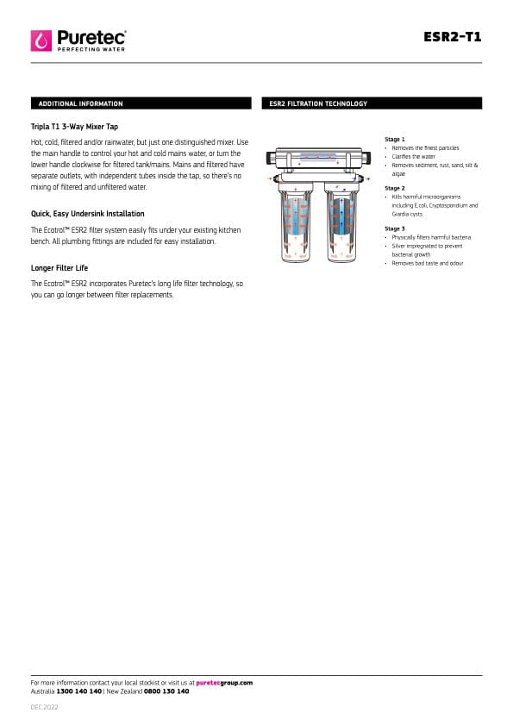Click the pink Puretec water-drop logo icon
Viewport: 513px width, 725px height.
41,41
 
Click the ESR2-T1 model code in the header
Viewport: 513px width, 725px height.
452,36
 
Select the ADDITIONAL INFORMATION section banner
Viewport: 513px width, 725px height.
141,103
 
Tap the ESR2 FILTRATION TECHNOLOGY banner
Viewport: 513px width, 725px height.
372,103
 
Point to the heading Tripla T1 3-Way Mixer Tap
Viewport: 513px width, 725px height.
74,127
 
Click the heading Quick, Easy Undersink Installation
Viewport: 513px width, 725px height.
87,214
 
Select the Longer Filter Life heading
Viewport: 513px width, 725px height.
59,268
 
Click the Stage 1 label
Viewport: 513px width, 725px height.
395,139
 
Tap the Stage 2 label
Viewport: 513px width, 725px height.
395,188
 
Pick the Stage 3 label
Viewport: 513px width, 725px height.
395,228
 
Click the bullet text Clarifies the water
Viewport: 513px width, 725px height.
414,157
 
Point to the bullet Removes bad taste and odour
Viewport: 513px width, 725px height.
428,264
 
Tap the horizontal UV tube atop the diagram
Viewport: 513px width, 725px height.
319,158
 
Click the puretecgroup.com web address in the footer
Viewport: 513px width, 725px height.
224,683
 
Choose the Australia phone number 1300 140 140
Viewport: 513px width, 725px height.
78,691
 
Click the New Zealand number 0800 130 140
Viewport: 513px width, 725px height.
166,691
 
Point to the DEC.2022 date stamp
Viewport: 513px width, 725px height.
45,708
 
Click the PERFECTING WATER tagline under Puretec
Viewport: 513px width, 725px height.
91,49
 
